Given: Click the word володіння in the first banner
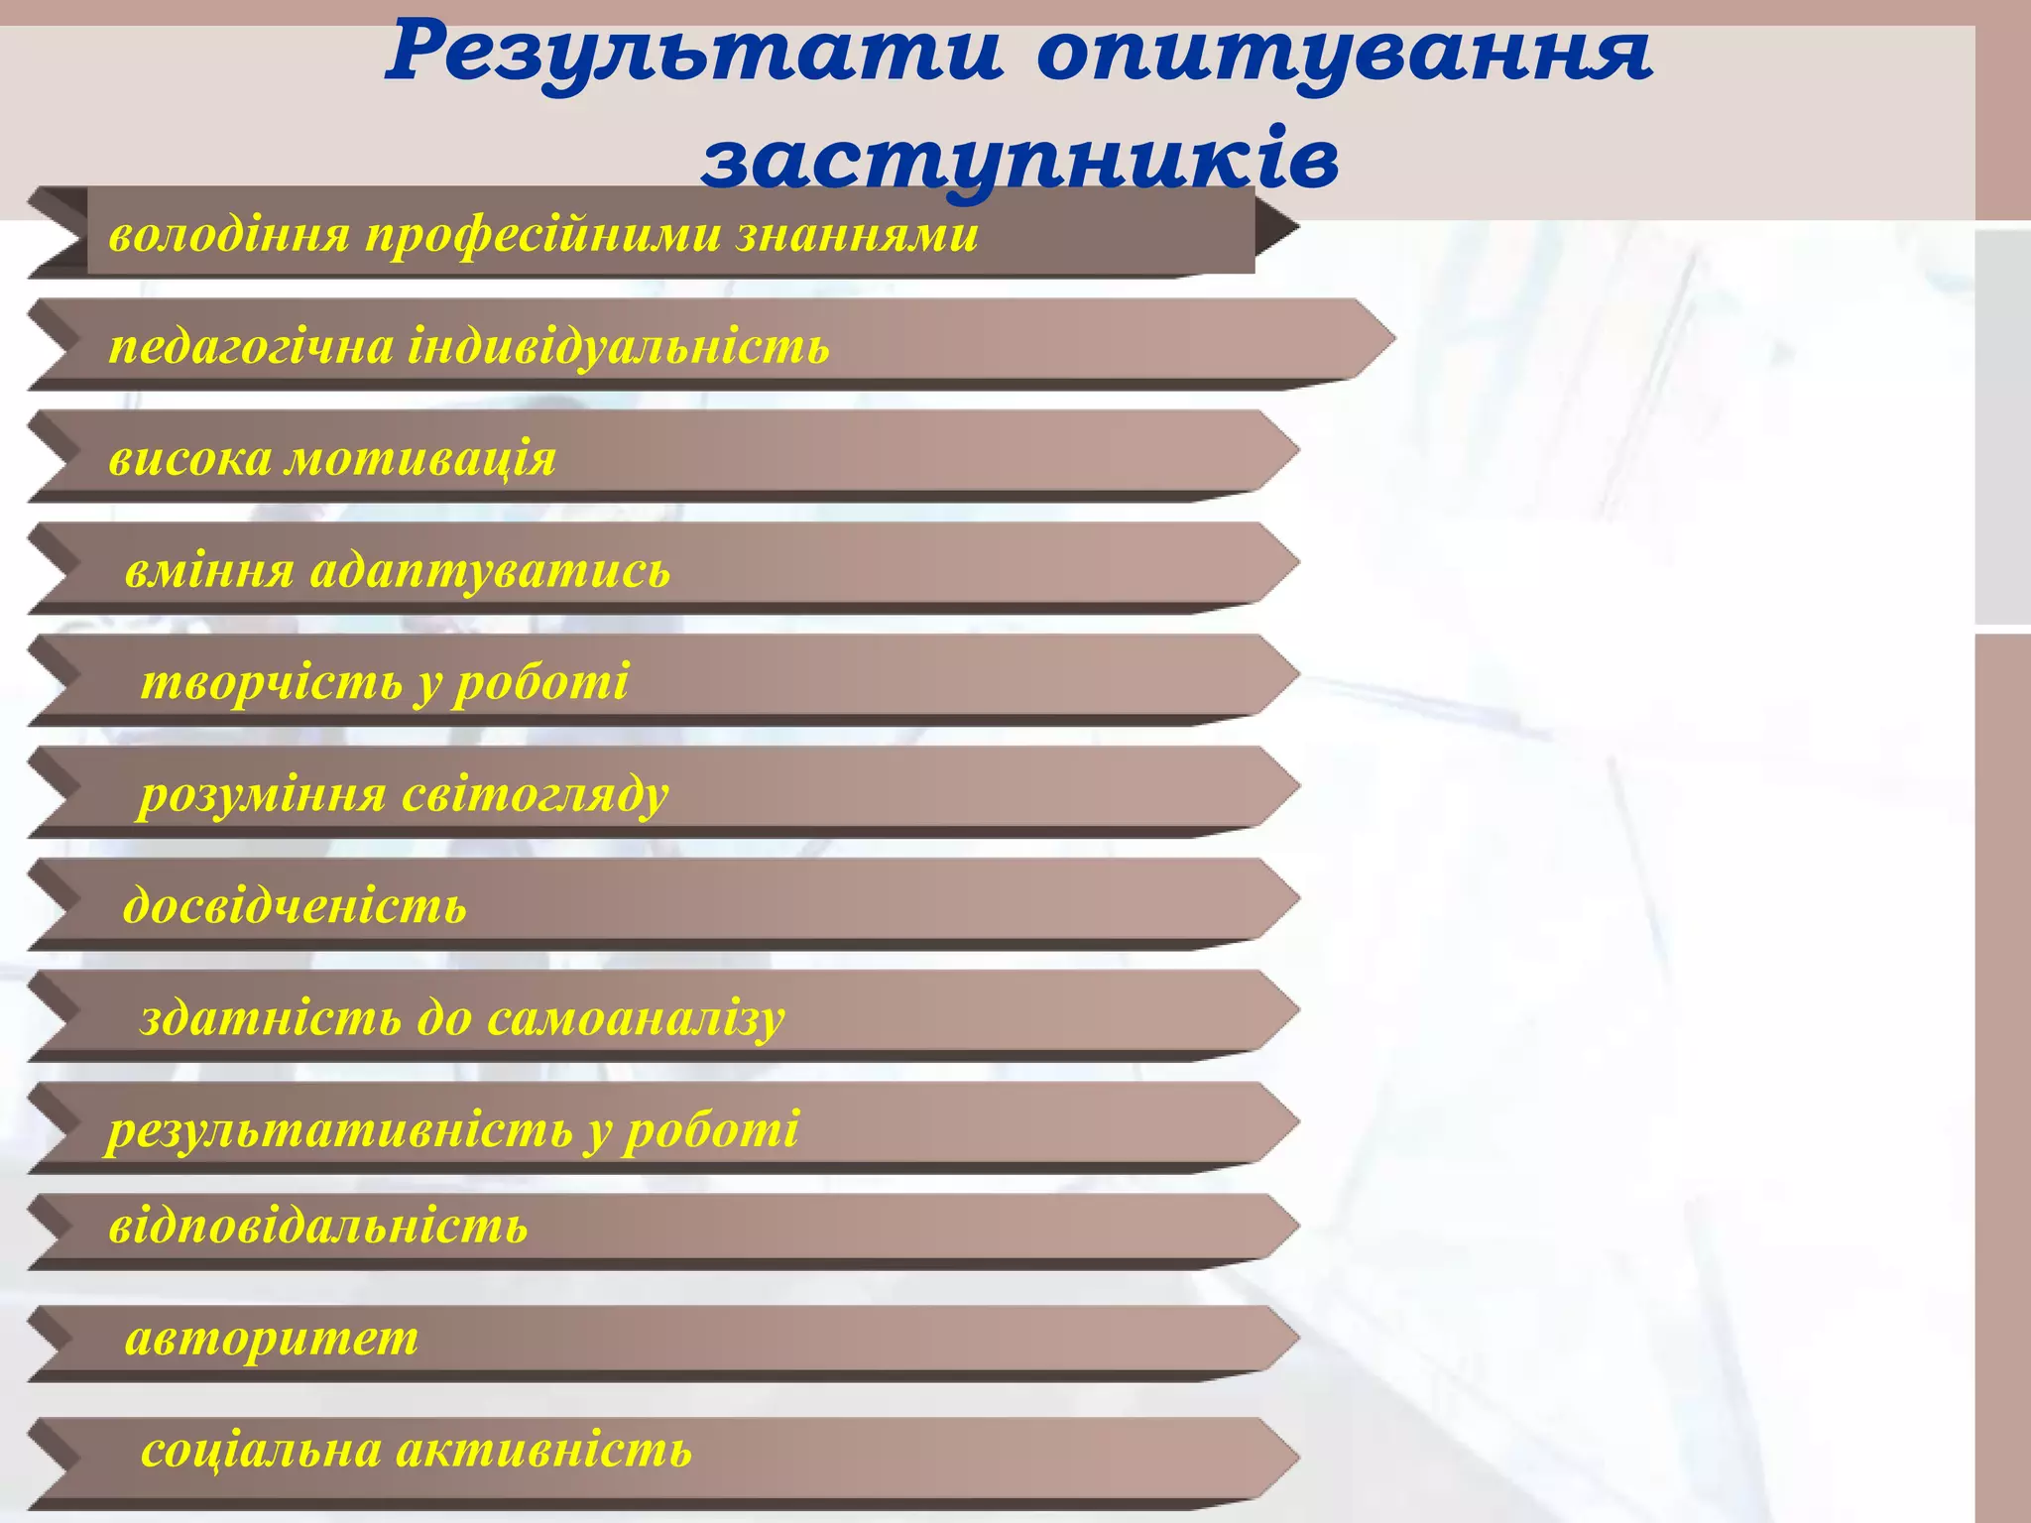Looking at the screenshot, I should [229, 236].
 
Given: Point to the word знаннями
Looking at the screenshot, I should [857, 236].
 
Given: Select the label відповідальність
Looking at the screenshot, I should [318, 1228].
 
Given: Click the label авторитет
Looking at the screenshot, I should [272, 1340].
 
